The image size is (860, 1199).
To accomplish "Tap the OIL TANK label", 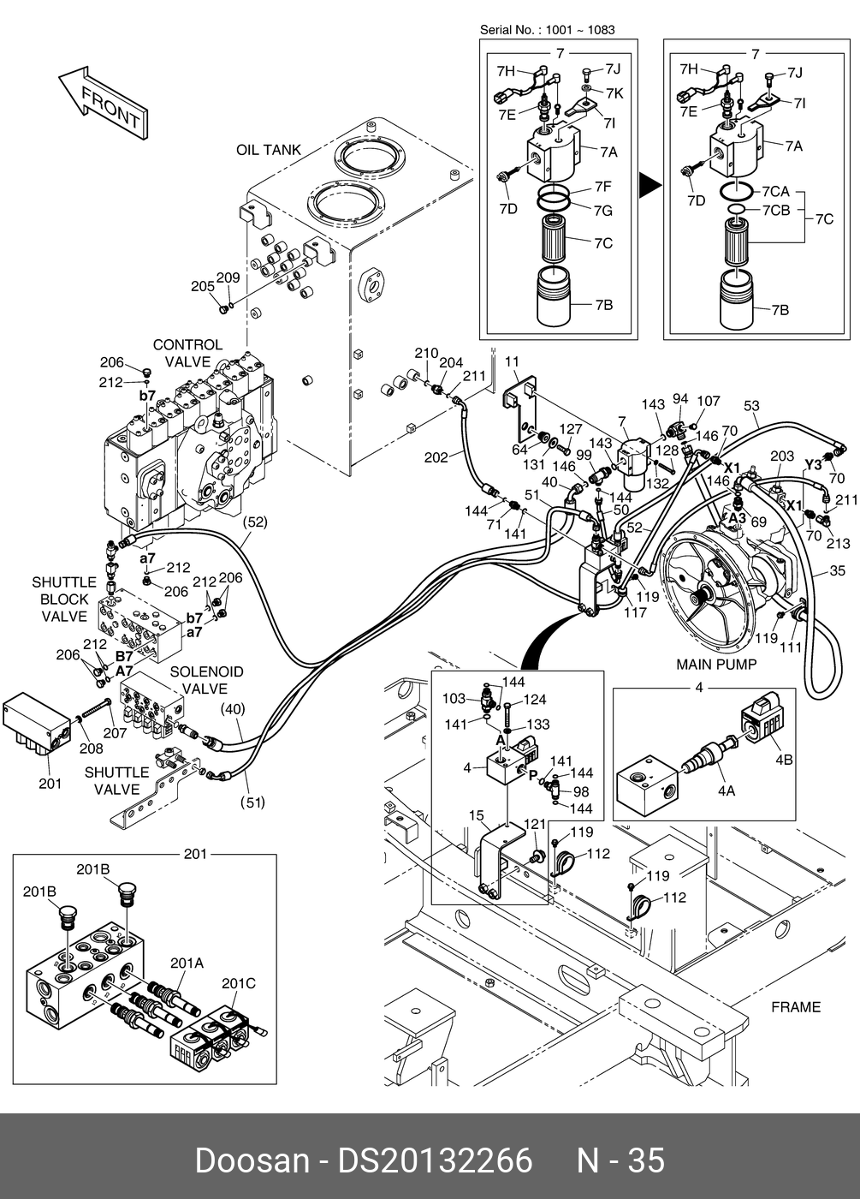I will pyautogui.click(x=269, y=150).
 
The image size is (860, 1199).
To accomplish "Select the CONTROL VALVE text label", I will pyautogui.click(x=187, y=353).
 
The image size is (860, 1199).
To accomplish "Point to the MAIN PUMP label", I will pyautogui.click(x=716, y=664).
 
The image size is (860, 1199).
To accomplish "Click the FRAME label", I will pyautogui.click(x=795, y=1006).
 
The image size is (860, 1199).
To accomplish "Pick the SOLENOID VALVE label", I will pyautogui.click(x=206, y=680).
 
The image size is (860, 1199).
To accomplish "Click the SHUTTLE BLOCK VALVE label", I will pyautogui.click(x=64, y=599).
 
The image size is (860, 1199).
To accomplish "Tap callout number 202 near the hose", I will pyautogui.click(x=436, y=457).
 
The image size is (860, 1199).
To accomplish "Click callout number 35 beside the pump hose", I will pyautogui.click(x=838, y=570).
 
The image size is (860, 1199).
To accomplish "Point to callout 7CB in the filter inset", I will pyautogui.click(x=775, y=210).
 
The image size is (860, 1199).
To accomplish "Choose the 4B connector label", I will pyautogui.click(x=784, y=759).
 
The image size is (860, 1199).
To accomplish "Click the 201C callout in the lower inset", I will pyautogui.click(x=239, y=983).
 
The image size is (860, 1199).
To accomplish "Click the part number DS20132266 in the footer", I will pyautogui.click(x=436, y=1160).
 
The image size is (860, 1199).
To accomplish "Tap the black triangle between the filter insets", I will pyautogui.click(x=650, y=184).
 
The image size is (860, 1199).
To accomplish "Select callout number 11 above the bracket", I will pyautogui.click(x=512, y=362).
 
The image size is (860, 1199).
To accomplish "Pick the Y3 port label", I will pyautogui.click(x=813, y=464).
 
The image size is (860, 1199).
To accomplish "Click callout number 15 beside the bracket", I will pyautogui.click(x=476, y=815).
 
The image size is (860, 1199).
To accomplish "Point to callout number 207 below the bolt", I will pyautogui.click(x=115, y=732).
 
